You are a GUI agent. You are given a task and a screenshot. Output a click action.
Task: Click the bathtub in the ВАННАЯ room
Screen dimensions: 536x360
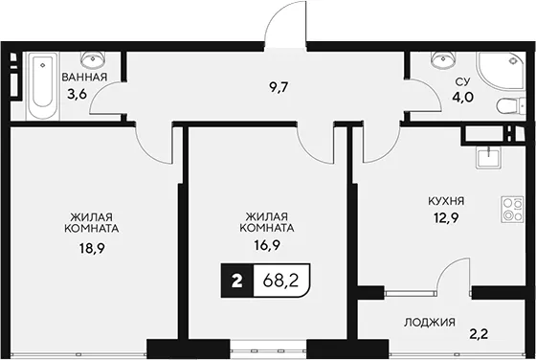click(42, 86)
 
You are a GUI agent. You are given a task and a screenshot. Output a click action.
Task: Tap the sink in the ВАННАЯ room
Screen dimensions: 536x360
click(93, 59)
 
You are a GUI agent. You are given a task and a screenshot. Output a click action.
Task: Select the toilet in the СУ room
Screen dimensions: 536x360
click(510, 106)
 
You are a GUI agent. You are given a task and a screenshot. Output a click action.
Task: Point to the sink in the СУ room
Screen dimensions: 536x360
click(443, 59)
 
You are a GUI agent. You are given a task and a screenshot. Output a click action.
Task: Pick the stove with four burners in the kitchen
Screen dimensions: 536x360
click(512, 210)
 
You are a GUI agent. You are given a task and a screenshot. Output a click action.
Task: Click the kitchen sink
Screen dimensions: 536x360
click(489, 158)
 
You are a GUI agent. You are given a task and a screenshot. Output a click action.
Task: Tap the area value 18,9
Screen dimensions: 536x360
click(92, 249)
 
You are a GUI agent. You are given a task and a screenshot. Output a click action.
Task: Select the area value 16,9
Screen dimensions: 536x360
click(267, 245)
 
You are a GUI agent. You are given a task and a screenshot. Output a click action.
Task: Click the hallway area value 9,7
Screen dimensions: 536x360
click(279, 88)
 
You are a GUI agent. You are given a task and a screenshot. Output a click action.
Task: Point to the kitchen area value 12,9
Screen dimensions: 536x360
click(446, 217)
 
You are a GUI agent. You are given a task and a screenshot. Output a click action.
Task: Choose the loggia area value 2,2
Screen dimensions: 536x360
click(479, 334)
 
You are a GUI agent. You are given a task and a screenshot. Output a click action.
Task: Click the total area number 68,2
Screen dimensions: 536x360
click(281, 281)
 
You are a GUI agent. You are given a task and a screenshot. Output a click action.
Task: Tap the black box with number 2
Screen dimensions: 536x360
click(237, 281)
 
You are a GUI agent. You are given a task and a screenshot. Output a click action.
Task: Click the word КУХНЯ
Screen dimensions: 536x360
click(446, 201)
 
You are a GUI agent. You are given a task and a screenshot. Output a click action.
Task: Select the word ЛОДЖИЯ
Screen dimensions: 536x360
click(430, 322)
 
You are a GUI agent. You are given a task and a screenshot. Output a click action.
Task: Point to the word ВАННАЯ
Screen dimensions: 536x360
click(84, 77)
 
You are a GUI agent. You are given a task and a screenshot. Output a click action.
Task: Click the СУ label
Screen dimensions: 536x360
click(462, 81)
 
